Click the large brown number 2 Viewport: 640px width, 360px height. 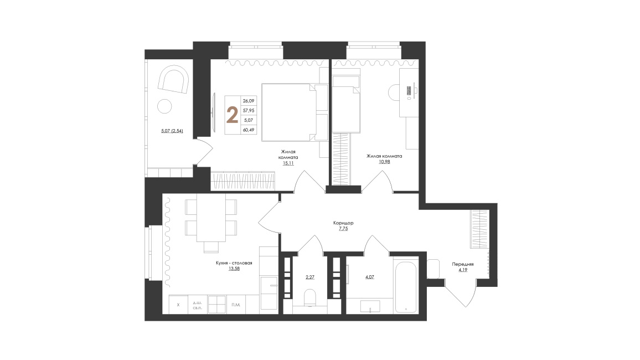pos(232,115)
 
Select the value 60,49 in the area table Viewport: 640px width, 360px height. pos(249,130)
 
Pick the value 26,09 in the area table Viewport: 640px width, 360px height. pos(249,101)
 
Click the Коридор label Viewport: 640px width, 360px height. pos(343,223)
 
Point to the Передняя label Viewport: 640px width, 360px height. pos(463,264)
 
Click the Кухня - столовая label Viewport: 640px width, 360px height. pos(234,263)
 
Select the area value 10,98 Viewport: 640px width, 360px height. pos(384,162)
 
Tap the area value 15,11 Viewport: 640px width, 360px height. pos(288,163)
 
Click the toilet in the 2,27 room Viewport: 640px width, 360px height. pos(310,298)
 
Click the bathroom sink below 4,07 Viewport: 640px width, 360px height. pos(370,306)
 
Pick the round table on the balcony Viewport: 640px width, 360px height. pos(165,106)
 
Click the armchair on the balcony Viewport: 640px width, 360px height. pos(173,79)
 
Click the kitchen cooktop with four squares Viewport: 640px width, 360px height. pos(216,305)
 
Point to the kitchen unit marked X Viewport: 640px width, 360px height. pos(178,305)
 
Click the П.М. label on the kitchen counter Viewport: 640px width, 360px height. pos(236,305)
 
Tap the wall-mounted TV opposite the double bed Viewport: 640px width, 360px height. pos(214,112)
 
